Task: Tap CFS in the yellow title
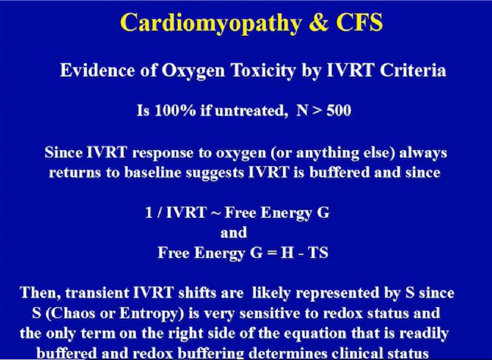click(359, 22)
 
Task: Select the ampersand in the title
click(318, 22)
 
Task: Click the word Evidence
click(97, 71)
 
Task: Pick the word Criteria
click(413, 71)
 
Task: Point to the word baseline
click(153, 172)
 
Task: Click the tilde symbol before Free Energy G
click(215, 213)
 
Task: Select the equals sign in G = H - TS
click(272, 253)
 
